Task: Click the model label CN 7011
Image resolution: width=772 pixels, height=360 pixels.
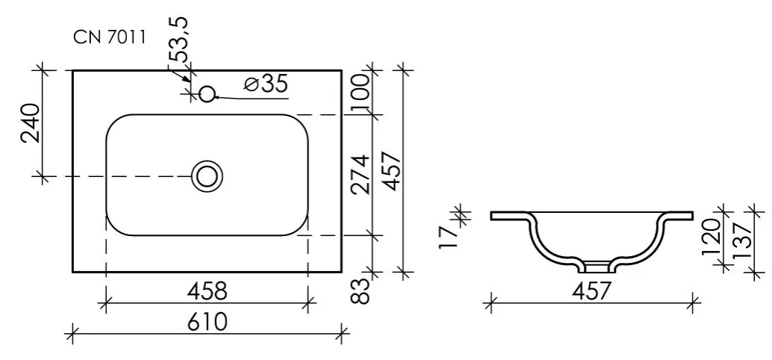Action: [109, 37]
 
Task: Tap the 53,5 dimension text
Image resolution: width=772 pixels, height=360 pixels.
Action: [180, 40]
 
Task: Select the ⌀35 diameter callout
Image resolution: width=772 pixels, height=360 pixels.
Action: [265, 84]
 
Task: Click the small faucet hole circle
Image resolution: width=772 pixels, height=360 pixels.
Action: [208, 93]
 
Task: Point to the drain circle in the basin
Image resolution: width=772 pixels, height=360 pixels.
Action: [207, 176]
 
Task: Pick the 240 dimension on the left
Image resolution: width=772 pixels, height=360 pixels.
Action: [31, 122]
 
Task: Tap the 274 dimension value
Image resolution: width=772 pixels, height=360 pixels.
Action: [361, 175]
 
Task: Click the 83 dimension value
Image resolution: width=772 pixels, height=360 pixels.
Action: [362, 291]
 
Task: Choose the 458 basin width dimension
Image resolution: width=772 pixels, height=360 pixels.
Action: [208, 291]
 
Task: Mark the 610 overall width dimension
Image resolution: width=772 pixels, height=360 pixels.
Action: [208, 322]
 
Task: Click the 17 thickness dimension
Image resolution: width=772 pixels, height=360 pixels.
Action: [448, 238]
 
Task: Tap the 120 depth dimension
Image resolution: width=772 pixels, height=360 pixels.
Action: [711, 236]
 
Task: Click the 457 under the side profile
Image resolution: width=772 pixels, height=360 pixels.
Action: [591, 291]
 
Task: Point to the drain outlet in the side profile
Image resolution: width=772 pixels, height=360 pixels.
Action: [597, 267]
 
